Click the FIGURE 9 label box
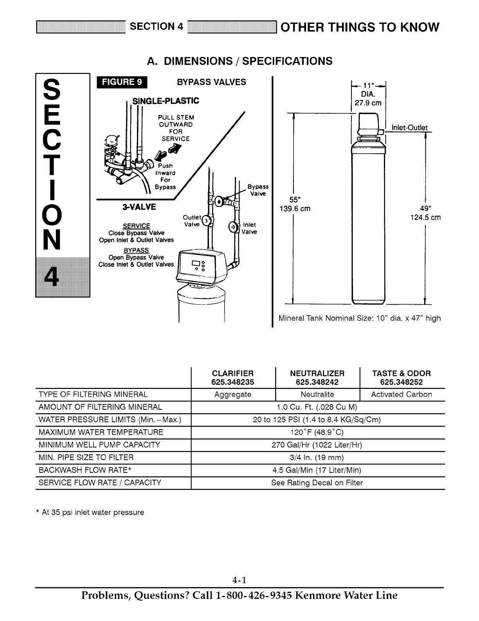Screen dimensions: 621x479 point(122,82)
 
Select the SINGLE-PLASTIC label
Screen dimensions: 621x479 point(166,101)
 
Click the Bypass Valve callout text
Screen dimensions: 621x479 point(258,190)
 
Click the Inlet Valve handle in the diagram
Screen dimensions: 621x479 point(233,227)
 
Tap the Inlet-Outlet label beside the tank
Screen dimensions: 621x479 point(407,128)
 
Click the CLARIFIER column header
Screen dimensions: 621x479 point(232,373)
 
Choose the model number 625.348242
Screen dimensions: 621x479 point(317,382)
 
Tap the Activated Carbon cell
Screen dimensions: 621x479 point(402,394)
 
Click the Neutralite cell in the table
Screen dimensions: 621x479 point(317,394)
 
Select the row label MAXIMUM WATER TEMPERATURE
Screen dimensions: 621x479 point(101,432)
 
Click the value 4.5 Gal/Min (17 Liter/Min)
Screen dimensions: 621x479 point(317,470)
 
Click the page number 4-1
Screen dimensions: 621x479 point(239,580)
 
